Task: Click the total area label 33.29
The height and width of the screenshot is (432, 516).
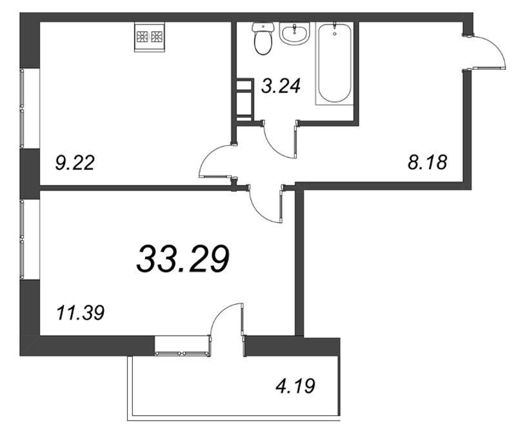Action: pos(183,260)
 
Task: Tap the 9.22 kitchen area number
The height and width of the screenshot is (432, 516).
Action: pos(75,163)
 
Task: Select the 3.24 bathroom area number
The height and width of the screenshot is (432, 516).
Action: pos(281,87)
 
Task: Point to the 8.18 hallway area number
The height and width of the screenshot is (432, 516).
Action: pos(428,163)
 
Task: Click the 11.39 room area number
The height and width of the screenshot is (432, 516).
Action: pos(81,313)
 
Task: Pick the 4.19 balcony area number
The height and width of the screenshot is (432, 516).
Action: pos(295,386)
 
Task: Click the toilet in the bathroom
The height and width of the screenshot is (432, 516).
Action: pos(263,39)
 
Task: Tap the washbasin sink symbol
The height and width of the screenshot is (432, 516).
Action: pos(295,33)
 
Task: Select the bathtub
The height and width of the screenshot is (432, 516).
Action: pos(334,63)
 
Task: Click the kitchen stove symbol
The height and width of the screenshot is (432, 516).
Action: pos(150,37)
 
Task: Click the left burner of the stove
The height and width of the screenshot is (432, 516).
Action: pos(143,36)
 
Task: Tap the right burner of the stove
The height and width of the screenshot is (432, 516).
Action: pos(157,36)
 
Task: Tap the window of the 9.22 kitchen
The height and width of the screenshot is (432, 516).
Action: pos(22,108)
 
